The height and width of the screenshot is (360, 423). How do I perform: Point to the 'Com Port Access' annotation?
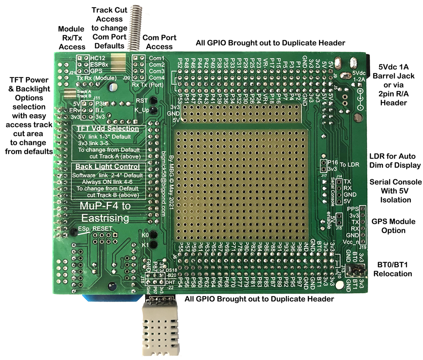(157, 42)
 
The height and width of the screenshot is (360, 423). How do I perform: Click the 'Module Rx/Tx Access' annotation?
(71, 37)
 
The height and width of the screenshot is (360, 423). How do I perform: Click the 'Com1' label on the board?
(157, 58)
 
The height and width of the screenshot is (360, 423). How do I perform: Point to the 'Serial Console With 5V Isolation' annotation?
(396, 190)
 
